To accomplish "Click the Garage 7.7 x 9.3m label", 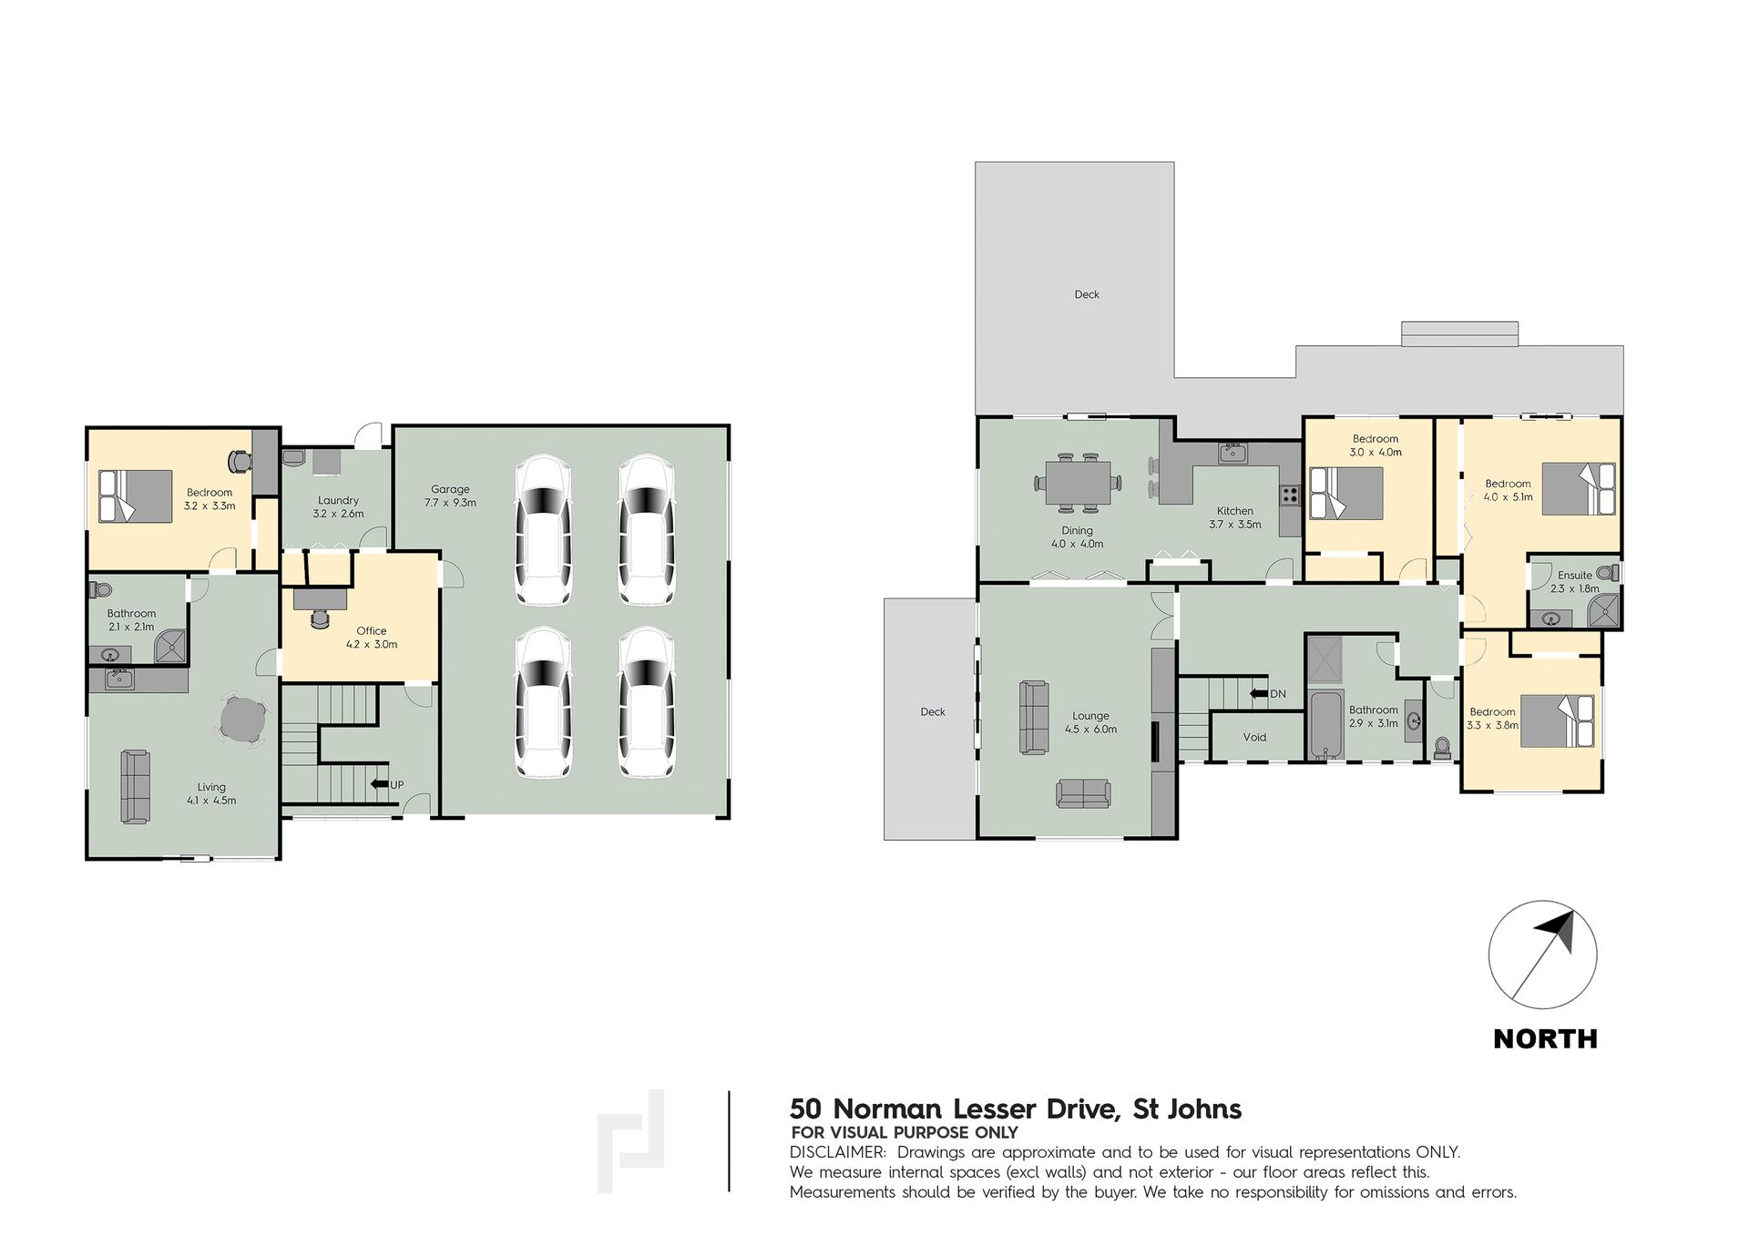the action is tap(450, 495).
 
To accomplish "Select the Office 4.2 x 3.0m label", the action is tap(372, 637).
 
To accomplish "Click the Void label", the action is tap(1254, 737).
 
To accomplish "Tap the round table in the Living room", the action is tap(243, 720).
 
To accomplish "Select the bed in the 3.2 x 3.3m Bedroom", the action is tap(136, 496).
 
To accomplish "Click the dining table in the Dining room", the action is tap(1078, 482).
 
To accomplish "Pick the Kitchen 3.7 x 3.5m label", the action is tap(1235, 517).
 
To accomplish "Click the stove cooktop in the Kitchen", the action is tap(1290, 495).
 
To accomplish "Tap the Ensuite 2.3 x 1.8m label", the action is tap(1575, 581).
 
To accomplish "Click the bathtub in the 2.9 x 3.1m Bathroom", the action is tap(1325, 725).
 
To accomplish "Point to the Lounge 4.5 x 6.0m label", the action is tap(1090, 722).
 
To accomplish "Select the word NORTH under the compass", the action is tap(1546, 1038).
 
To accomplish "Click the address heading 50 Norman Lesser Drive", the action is tap(954, 1108).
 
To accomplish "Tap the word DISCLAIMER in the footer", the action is tap(837, 1152).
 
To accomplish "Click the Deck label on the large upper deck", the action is tap(1087, 294).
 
